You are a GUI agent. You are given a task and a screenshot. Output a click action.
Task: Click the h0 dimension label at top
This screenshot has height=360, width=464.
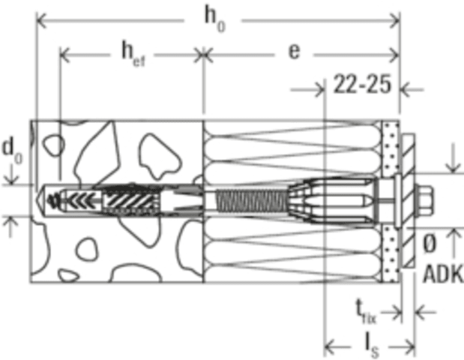[215, 19]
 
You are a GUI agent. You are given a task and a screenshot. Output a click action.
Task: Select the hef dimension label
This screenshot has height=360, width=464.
[133, 55]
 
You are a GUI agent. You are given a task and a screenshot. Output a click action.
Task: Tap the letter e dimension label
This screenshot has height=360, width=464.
[294, 52]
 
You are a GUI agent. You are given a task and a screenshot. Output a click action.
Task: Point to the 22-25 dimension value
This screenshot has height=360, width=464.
[362, 84]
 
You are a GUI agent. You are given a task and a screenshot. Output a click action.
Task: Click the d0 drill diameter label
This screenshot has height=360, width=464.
[12, 151]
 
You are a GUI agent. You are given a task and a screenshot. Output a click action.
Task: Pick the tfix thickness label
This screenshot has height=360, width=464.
[366, 312]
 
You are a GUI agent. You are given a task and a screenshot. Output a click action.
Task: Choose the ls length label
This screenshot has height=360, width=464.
[372, 346]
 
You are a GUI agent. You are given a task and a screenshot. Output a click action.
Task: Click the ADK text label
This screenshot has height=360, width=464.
[443, 274]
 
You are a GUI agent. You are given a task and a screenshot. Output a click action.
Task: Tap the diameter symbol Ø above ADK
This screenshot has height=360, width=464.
[430, 244]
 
